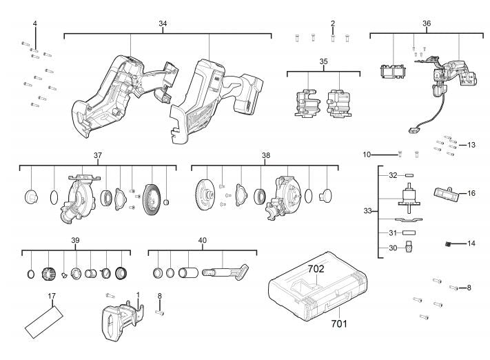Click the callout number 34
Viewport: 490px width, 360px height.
[163, 23]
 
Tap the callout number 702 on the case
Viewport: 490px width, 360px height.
[316, 269]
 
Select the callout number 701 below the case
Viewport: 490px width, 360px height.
[339, 323]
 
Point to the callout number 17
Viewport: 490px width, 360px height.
[52, 296]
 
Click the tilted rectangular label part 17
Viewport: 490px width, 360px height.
[44, 322]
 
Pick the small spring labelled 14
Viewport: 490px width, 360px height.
[449, 243]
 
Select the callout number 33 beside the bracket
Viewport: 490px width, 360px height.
[367, 211]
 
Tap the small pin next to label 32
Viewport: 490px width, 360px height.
[409, 175]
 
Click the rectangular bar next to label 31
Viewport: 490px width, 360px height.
[409, 232]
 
